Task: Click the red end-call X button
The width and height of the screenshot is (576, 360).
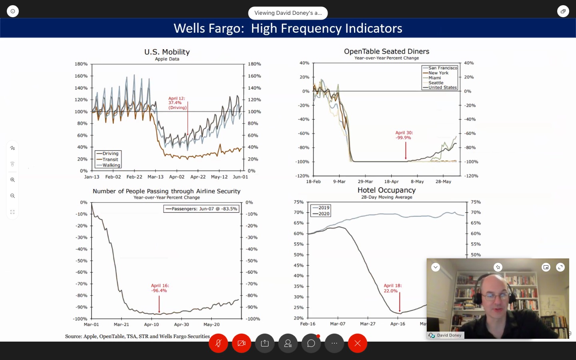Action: (x=358, y=343)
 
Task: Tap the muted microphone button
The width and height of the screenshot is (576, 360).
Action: (x=218, y=343)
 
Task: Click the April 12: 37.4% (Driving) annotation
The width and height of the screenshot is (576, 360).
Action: (x=178, y=103)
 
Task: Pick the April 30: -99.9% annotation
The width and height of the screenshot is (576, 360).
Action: (x=404, y=135)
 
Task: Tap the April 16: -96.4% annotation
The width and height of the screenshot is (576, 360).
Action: (x=160, y=288)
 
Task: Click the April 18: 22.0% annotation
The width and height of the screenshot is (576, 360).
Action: (x=392, y=288)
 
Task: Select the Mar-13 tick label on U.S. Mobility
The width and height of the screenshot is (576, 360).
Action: (x=155, y=177)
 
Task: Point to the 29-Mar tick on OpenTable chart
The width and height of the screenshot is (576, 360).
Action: (x=365, y=182)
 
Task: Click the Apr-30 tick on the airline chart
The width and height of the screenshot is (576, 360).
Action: (x=182, y=324)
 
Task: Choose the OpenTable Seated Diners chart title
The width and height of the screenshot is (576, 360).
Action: (x=386, y=52)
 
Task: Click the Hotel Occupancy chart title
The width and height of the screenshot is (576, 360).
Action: (x=386, y=190)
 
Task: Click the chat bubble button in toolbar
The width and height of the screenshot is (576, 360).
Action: (x=311, y=343)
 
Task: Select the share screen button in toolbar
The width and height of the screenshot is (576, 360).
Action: (x=265, y=343)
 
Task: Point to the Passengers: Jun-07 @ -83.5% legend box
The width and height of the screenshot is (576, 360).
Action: (x=201, y=209)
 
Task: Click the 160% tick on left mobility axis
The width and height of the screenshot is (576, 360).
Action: (x=81, y=76)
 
